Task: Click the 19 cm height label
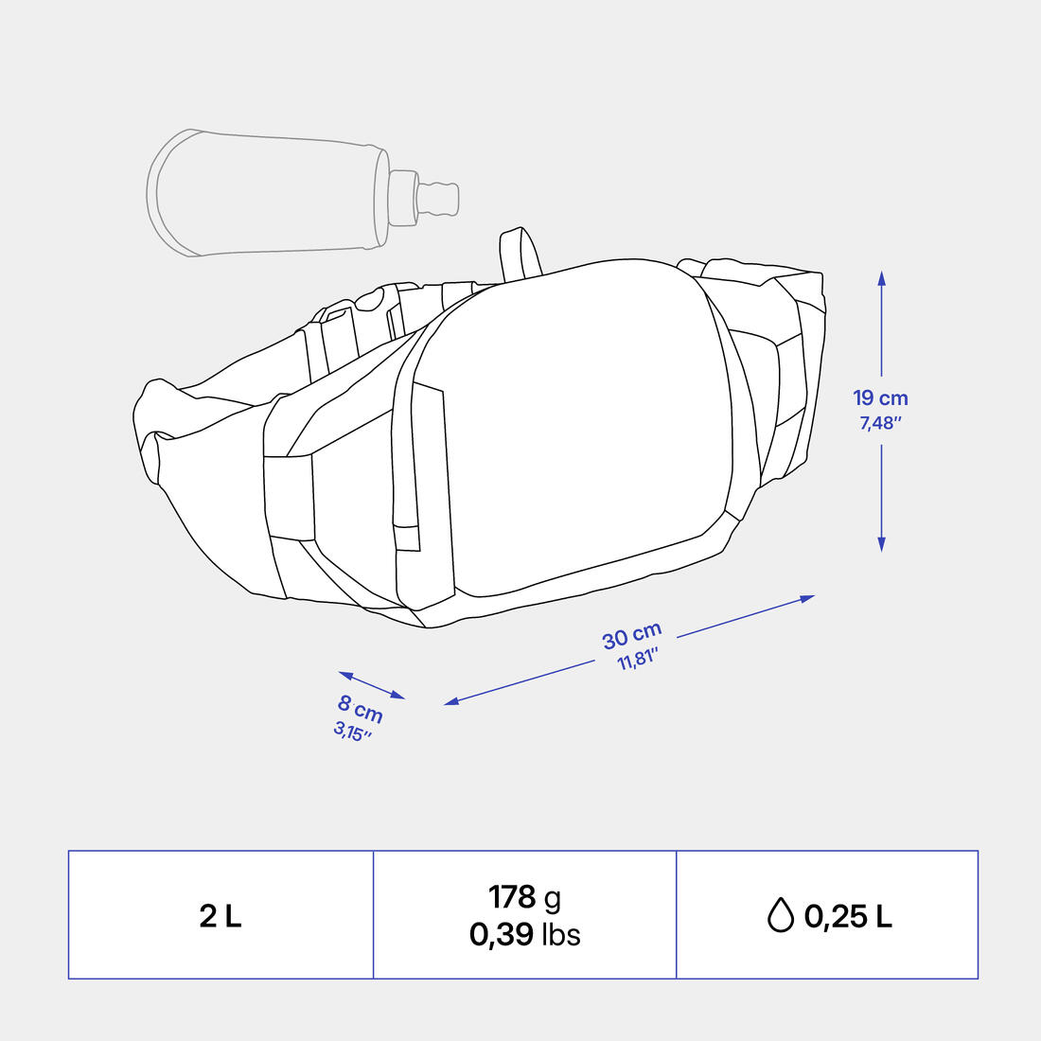[880, 397]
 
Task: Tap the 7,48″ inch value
[880, 423]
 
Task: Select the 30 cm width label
[631, 635]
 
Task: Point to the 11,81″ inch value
[637, 660]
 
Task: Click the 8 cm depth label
[361, 709]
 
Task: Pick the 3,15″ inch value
[352, 732]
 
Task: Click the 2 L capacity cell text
[221, 916]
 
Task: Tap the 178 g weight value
[524, 897]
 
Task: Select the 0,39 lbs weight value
[524, 934]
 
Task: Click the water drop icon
[781, 915]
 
